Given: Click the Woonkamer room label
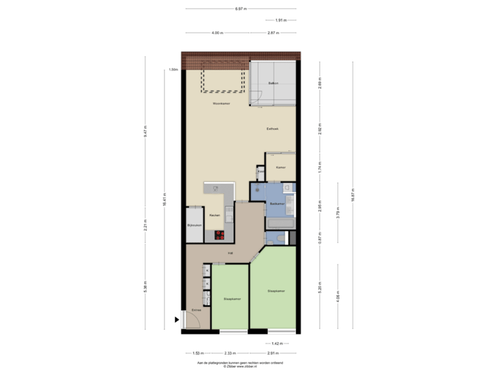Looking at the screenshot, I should coord(221,103).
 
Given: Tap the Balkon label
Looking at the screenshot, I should coord(273,84).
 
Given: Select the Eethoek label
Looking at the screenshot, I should coord(274,129).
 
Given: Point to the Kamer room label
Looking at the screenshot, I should coord(281,168).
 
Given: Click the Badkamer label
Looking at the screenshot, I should coord(277,203).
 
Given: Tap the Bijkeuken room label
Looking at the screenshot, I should coord(194,226).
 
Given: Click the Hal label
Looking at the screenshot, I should coord(230,253).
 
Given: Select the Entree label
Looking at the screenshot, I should coord(196,310).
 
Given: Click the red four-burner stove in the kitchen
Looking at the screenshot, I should coord(221,234).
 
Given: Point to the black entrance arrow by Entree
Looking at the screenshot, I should coord(178,319).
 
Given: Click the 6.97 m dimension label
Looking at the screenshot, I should coord(241,9).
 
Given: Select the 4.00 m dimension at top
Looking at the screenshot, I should coord(216,33).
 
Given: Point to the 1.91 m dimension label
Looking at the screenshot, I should coord(280,20).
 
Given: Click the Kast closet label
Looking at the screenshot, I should coord(260,170).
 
